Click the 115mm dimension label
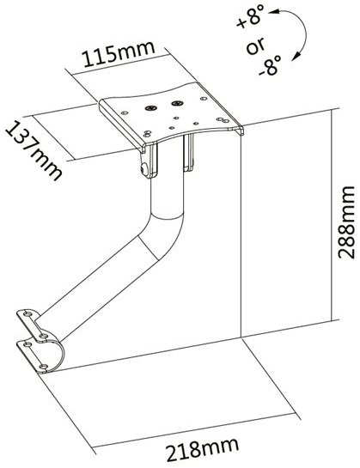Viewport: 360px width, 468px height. coord(119,54)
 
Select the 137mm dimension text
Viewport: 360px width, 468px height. coord(34,150)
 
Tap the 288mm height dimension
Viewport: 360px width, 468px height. coord(346,222)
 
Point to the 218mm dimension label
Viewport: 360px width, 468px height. coord(203,448)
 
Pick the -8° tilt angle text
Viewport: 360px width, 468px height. coord(270,66)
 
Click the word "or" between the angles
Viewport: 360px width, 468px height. coord(256,46)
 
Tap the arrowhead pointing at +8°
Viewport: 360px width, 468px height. coord(273,12)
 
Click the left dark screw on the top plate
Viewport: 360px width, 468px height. coord(151,107)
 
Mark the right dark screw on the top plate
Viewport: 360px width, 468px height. coord(177,104)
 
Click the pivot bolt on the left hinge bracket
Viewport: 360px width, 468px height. coord(144,169)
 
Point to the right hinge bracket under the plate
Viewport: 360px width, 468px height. coord(188,152)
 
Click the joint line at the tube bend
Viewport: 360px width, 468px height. coord(148,247)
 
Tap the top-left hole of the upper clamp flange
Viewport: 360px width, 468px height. coord(27,314)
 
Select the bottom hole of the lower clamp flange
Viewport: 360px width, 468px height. coord(44,366)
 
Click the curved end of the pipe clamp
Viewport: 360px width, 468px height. coord(58,356)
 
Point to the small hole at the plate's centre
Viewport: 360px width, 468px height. coord(177,118)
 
